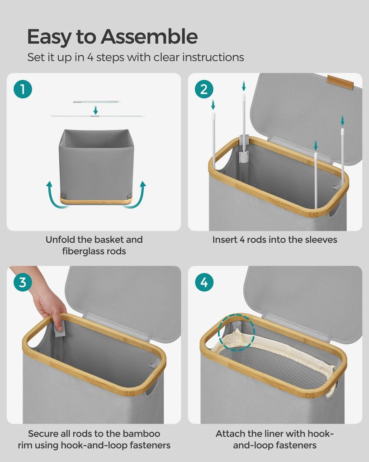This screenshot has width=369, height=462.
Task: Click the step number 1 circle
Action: coord(23,89)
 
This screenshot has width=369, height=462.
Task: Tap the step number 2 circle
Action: coord(204,89)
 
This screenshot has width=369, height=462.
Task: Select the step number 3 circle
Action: coord(23,282)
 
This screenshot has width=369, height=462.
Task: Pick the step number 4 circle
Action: coord(204,282)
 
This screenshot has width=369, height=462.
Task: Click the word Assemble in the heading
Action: coord(149,37)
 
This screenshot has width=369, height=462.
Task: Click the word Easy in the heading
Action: coord(49,38)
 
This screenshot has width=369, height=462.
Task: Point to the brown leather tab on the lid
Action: coord(340,82)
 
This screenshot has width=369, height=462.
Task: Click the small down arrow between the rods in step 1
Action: coord(95,110)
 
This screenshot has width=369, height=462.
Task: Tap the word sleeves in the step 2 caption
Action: coord(321,240)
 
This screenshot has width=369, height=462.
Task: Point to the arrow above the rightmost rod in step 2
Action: coord(342,120)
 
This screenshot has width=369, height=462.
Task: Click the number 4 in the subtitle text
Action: coord(90,57)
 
